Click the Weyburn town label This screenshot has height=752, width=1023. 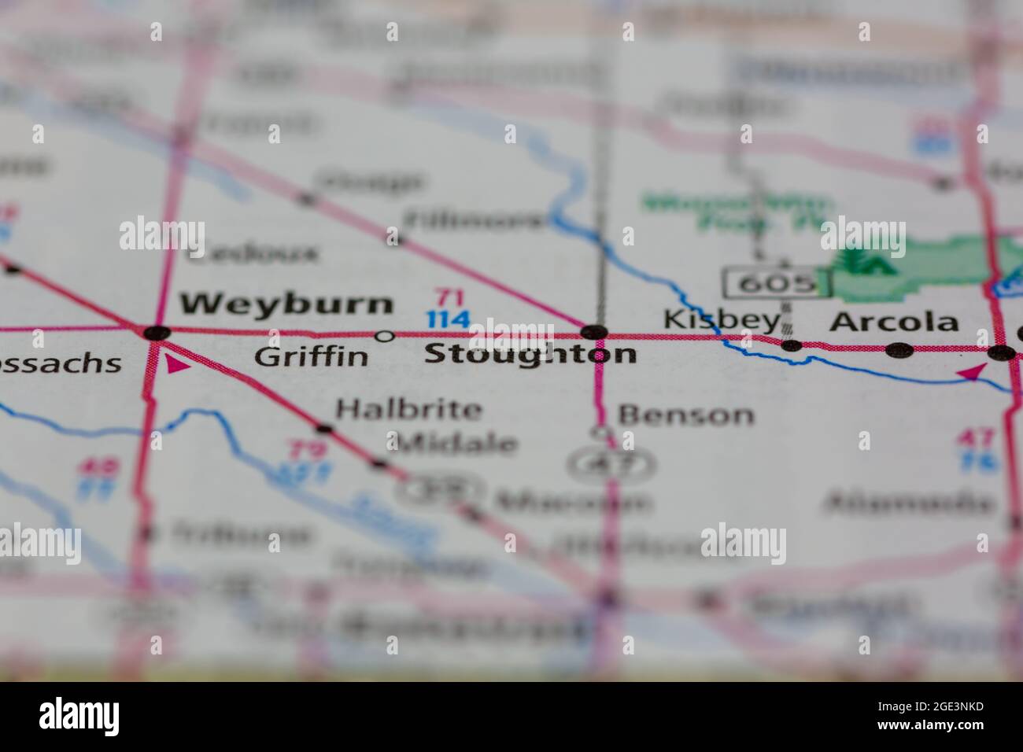coord(286,304)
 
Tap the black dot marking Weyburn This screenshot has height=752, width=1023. coord(157,332)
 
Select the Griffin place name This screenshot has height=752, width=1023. coord(311,357)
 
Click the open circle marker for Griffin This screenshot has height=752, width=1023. coord(384,337)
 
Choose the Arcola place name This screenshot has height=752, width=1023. coord(895,322)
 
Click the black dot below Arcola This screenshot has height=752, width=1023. coord(899,349)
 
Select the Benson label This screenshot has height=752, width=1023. coord(685,415)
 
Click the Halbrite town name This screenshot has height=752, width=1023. coord(408,409)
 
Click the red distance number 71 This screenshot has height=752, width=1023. coord(450,298)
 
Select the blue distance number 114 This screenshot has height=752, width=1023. coord(449,319)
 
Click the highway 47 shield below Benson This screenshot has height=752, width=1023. coord(611,463)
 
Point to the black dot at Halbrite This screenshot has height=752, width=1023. coord(323,429)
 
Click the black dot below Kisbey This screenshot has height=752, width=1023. coord(792,345)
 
